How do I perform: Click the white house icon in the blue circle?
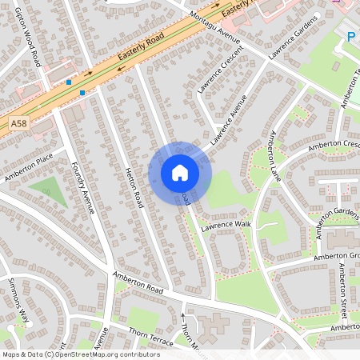pyautogui.click(x=180, y=173)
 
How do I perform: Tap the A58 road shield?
pyautogui.click(x=18, y=124)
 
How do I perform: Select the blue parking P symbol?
pyautogui.click(x=350, y=35)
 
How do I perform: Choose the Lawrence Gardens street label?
pyautogui.click(x=294, y=37)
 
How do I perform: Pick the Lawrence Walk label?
pyautogui.click(x=226, y=225)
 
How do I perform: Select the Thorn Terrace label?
pyautogui.click(x=150, y=338)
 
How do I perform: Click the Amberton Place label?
pyautogui.click(x=28, y=166)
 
